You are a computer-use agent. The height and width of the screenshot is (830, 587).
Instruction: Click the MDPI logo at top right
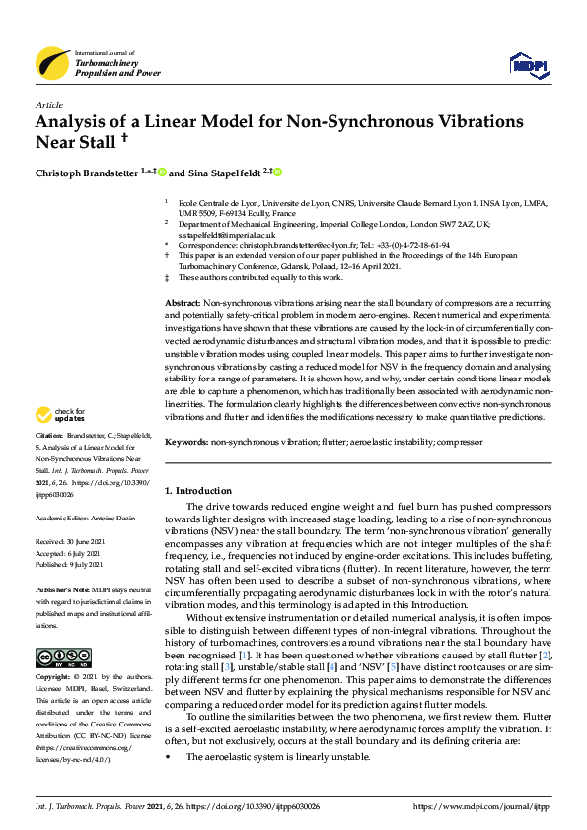(528, 66)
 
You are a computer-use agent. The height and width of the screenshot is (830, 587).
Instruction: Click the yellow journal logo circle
(52, 63)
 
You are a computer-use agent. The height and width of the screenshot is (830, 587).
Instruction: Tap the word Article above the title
(48, 104)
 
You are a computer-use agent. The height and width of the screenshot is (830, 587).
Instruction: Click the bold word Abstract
(182, 300)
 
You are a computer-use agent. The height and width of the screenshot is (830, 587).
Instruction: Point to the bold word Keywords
(185, 444)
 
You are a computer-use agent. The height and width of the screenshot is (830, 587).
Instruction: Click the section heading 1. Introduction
(197, 490)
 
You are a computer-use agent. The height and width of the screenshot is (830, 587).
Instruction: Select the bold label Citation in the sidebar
(49, 462)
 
